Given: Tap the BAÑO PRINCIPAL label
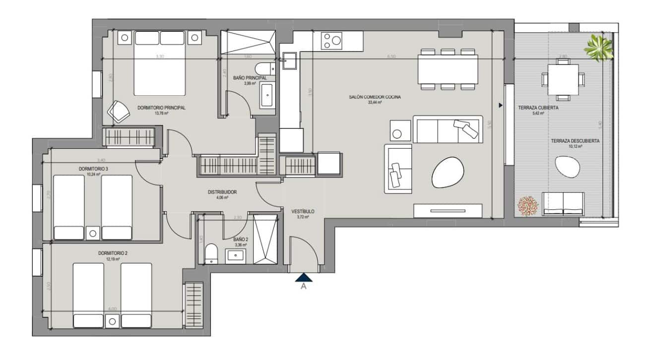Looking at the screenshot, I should pyautogui.click(x=250, y=78).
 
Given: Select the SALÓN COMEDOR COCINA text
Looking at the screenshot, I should pyautogui.click(x=375, y=97).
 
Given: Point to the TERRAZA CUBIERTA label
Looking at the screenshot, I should pyautogui.click(x=538, y=108).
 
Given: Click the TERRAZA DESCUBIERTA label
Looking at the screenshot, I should pyautogui.click(x=575, y=141).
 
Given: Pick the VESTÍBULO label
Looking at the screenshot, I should pyautogui.click(x=303, y=212).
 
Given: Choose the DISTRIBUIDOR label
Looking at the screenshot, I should pyautogui.click(x=222, y=192).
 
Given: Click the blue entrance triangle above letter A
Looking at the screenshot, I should pyautogui.click(x=304, y=278).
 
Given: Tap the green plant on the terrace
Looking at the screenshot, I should pyautogui.click(x=598, y=48).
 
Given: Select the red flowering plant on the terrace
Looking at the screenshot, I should pyautogui.click(x=528, y=206).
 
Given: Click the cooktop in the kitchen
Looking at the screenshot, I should pyautogui.click(x=332, y=41).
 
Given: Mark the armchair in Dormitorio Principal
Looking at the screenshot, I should pyautogui.click(x=119, y=112).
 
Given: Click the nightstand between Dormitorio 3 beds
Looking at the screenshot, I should pyautogui.click(x=92, y=233).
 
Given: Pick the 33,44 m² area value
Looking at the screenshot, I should pyautogui.click(x=375, y=103).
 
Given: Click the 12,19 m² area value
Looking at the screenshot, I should pyautogui.click(x=113, y=258).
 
